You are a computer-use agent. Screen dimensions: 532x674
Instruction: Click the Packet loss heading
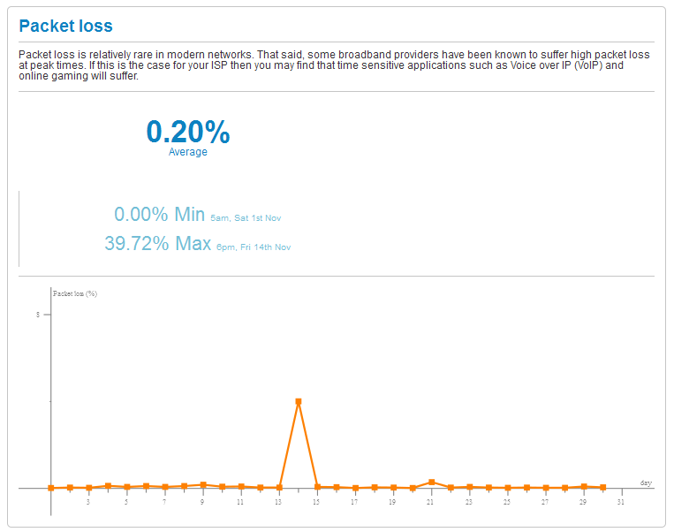[x=66, y=27]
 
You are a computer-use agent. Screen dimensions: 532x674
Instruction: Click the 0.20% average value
[x=188, y=132]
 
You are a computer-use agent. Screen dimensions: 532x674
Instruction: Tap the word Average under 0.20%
[x=188, y=152]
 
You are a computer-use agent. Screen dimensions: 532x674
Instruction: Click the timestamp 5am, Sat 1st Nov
[x=246, y=217]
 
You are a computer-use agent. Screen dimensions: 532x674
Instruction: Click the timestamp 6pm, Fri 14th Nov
[x=254, y=247]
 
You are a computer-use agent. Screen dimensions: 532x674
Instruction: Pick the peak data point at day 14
[x=299, y=401]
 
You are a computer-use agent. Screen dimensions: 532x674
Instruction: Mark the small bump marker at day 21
[x=431, y=482]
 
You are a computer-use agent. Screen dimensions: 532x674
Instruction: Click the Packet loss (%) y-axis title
[x=75, y=293]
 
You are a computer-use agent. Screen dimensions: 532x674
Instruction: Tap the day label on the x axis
[x=646, y=483]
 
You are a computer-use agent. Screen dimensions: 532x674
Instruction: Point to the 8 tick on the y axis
[x=38, y=315]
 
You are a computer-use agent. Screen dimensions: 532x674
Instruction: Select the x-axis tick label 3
[x=88, y=503]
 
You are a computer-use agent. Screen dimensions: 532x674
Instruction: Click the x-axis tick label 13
[x=278, y=503]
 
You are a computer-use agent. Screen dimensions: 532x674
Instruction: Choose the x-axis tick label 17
[x=354, y=503]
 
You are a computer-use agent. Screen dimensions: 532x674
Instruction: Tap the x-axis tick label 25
[x=507, y=503]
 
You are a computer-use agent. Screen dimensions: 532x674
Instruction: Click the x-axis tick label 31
[x=621, y=503]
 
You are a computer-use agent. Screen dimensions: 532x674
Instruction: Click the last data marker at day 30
[x=602, y=487]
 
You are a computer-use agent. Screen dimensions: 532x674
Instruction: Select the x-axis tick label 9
[x=202, y=503]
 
